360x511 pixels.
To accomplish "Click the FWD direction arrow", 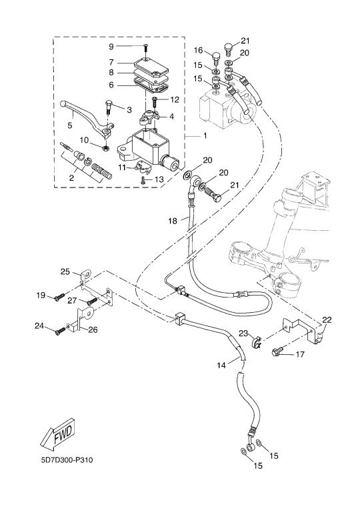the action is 58,433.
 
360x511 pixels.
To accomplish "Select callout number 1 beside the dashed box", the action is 205,135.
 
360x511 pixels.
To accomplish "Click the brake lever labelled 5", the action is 87,119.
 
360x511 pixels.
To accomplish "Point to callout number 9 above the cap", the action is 111,47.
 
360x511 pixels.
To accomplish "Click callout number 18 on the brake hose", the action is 173,221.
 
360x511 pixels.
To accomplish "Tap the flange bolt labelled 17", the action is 278,352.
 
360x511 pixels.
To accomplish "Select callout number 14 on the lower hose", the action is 221,366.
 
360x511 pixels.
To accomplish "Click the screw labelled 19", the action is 59,298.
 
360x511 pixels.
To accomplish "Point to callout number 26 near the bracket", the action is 93,330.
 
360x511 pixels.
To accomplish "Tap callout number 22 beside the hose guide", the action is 327,320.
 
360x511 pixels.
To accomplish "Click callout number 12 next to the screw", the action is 175,99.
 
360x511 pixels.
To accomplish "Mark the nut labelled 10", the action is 105,148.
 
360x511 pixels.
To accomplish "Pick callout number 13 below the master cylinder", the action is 159,179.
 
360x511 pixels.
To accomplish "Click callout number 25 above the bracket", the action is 65,271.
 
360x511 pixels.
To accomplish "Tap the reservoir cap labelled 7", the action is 151,68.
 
